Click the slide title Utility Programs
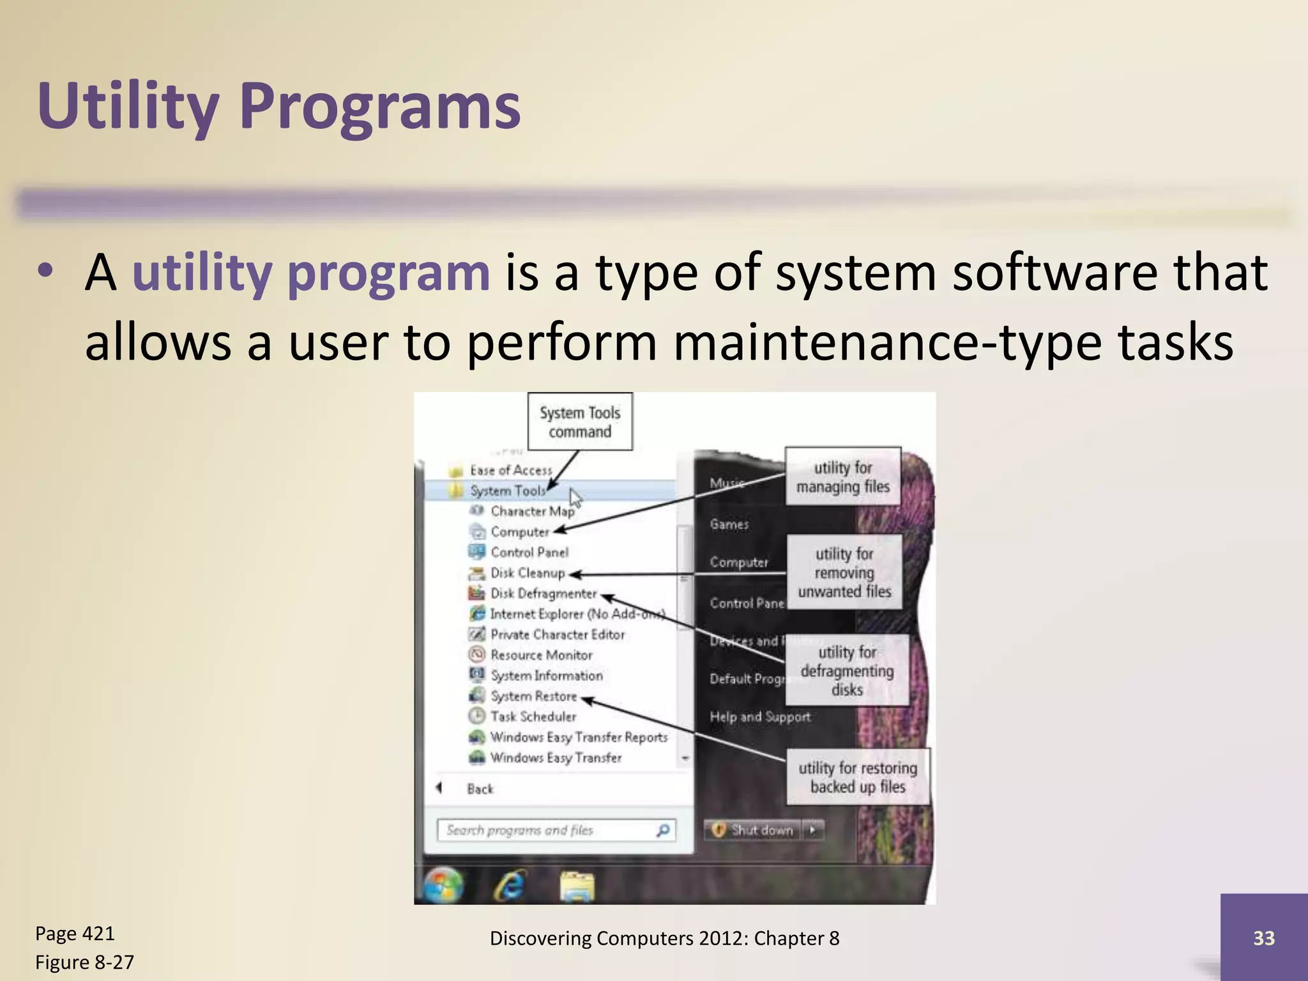279,105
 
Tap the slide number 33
1263,938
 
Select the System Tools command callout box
580,422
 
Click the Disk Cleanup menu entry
527,573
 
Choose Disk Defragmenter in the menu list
543,593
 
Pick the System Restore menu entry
533,696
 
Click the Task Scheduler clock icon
476,716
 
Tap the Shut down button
754,830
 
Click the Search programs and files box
549,830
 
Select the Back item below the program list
480,789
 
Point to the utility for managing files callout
842,477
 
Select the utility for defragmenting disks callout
847,671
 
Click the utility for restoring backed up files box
857,777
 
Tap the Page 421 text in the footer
75,934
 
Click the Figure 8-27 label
84,962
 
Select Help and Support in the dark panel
759,717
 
